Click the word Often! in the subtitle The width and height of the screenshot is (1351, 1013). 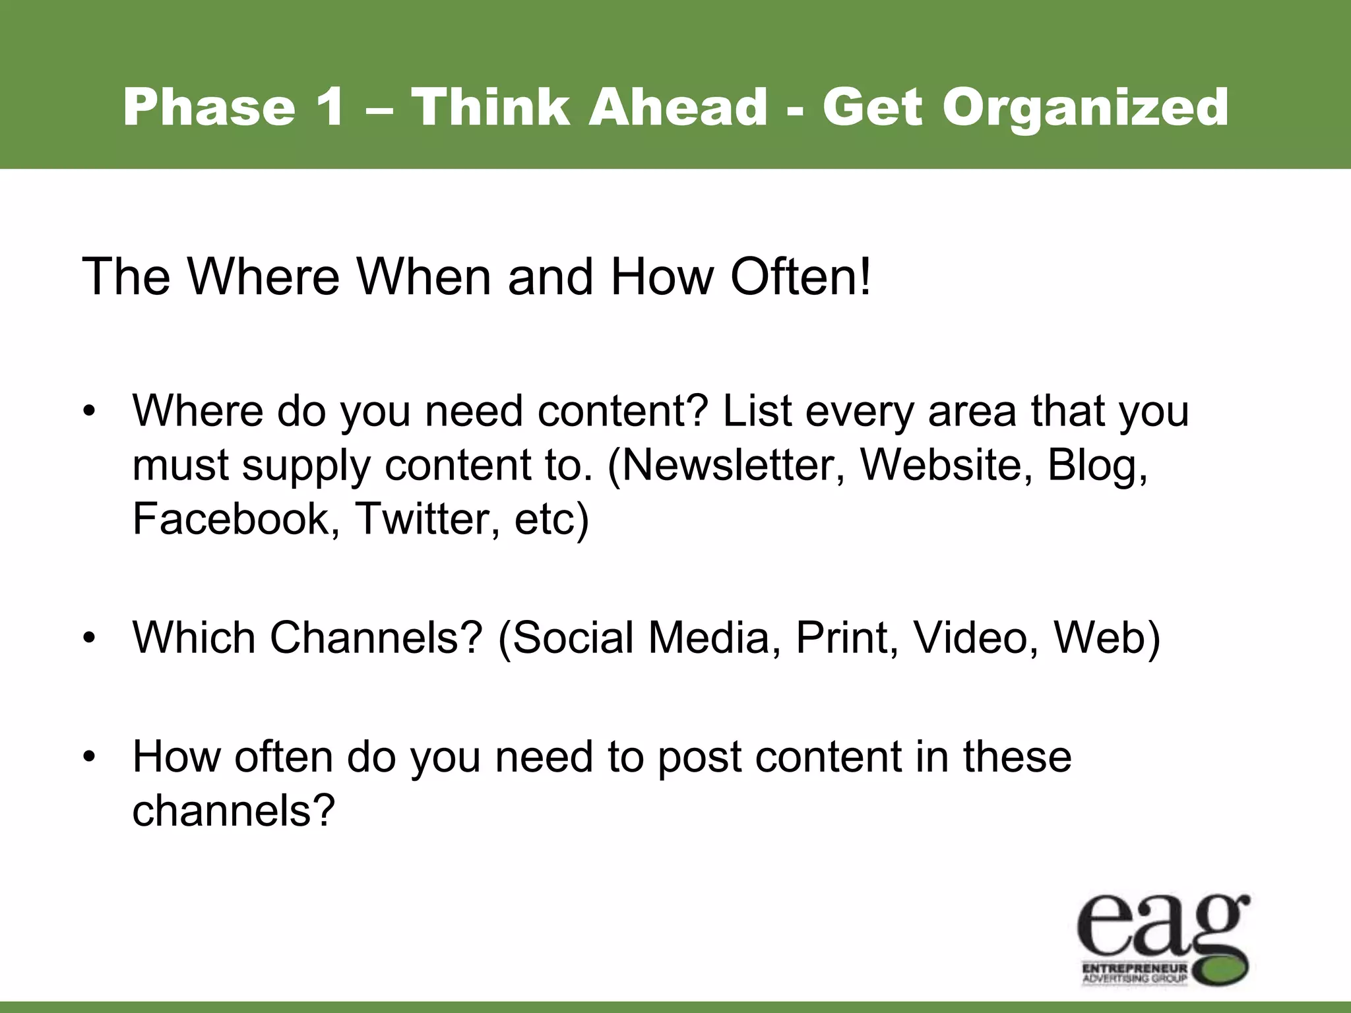pyautogui.click(x=800, y=276)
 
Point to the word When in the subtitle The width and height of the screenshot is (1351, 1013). pyautogui.click(x=424, y=276)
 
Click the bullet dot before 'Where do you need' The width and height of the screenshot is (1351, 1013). pyautogui.click(x=90, y=412)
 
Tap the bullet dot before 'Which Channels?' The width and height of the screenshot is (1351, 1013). pyautogui.click(x=90, y=639)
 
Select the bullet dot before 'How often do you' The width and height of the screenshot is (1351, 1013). pyautogui.click(x=90, y=757)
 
